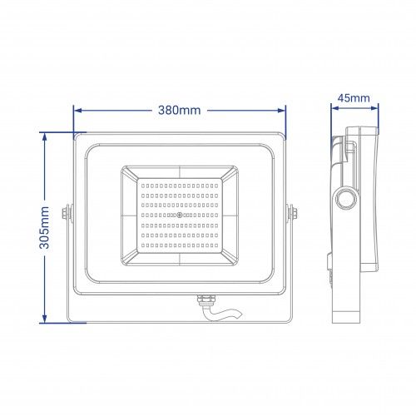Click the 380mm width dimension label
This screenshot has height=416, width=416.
point(180,111)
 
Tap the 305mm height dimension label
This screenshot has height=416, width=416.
point(44,227)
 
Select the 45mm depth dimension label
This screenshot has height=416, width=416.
point(354,98)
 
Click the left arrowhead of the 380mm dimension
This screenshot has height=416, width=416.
point(78,111)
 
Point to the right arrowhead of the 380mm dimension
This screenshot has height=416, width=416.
point(281,111)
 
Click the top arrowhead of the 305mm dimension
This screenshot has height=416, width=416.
point(45,137)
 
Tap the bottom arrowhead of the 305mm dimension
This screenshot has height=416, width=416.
point(45,319)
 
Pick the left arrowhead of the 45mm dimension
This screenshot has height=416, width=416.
point(335,108)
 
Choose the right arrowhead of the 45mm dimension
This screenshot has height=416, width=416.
point(374,108)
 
